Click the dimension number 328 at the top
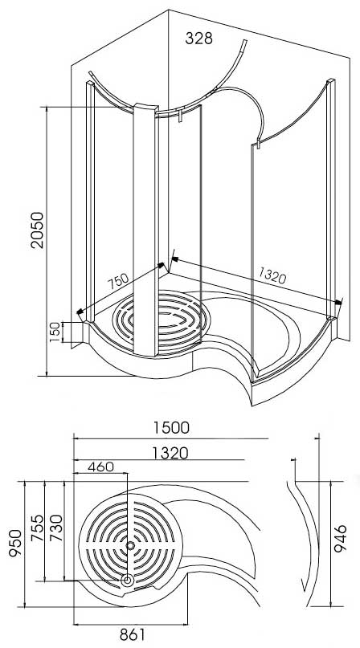click(200, 39)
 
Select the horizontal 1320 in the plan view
click(169, 453)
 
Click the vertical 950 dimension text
click(11, 544)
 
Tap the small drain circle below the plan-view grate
click(126, 580)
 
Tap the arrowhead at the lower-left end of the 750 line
click(80, 313)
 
